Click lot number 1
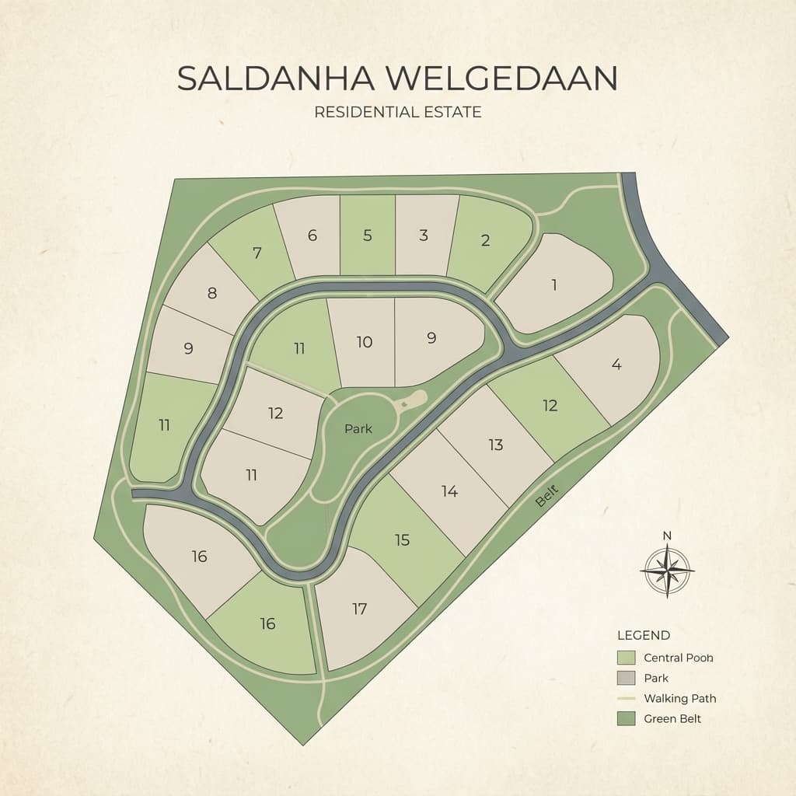(x=554, y=285)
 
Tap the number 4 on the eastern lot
(x=616, y=364)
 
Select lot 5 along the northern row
(x=368, y=235)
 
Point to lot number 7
(x=257, y=252)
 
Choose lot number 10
(x=365, y=341)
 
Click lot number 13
(x=496, y=445)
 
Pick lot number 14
(x=449, y=491)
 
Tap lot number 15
(x=402, y=539)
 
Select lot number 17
(x=359, y=609)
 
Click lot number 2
(x=486, y=240)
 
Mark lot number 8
(x=211, y=293)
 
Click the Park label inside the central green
(x=358, y=428)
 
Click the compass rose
(x=667, y=571)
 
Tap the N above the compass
(x=667, y=536)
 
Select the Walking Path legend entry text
(x=679, y=698)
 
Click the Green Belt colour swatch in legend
(x=626, y=718)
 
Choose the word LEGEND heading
(x=643, y=636)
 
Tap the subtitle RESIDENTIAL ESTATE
(x=397, y=112)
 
